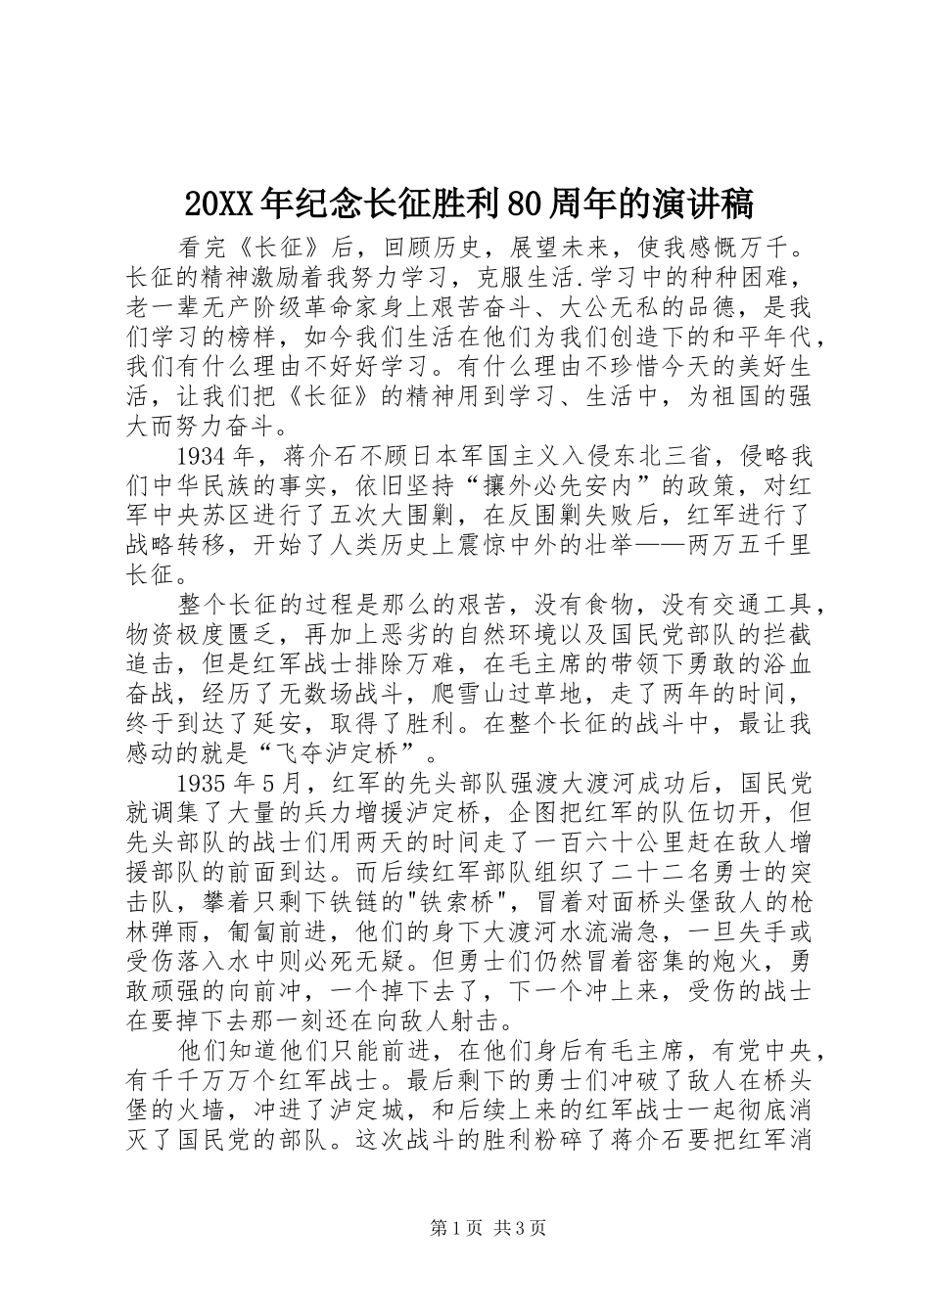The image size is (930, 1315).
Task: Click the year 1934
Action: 204,457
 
